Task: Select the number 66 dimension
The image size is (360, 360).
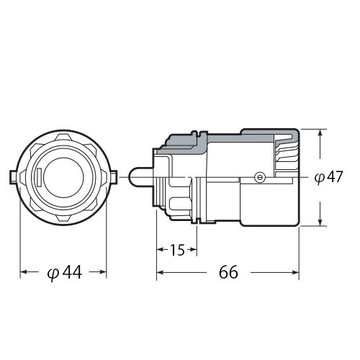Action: click(x=228, y=272)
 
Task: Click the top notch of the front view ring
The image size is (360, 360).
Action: click(x=63, y=135)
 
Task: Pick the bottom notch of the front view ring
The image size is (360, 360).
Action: click(x=63, y=219)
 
